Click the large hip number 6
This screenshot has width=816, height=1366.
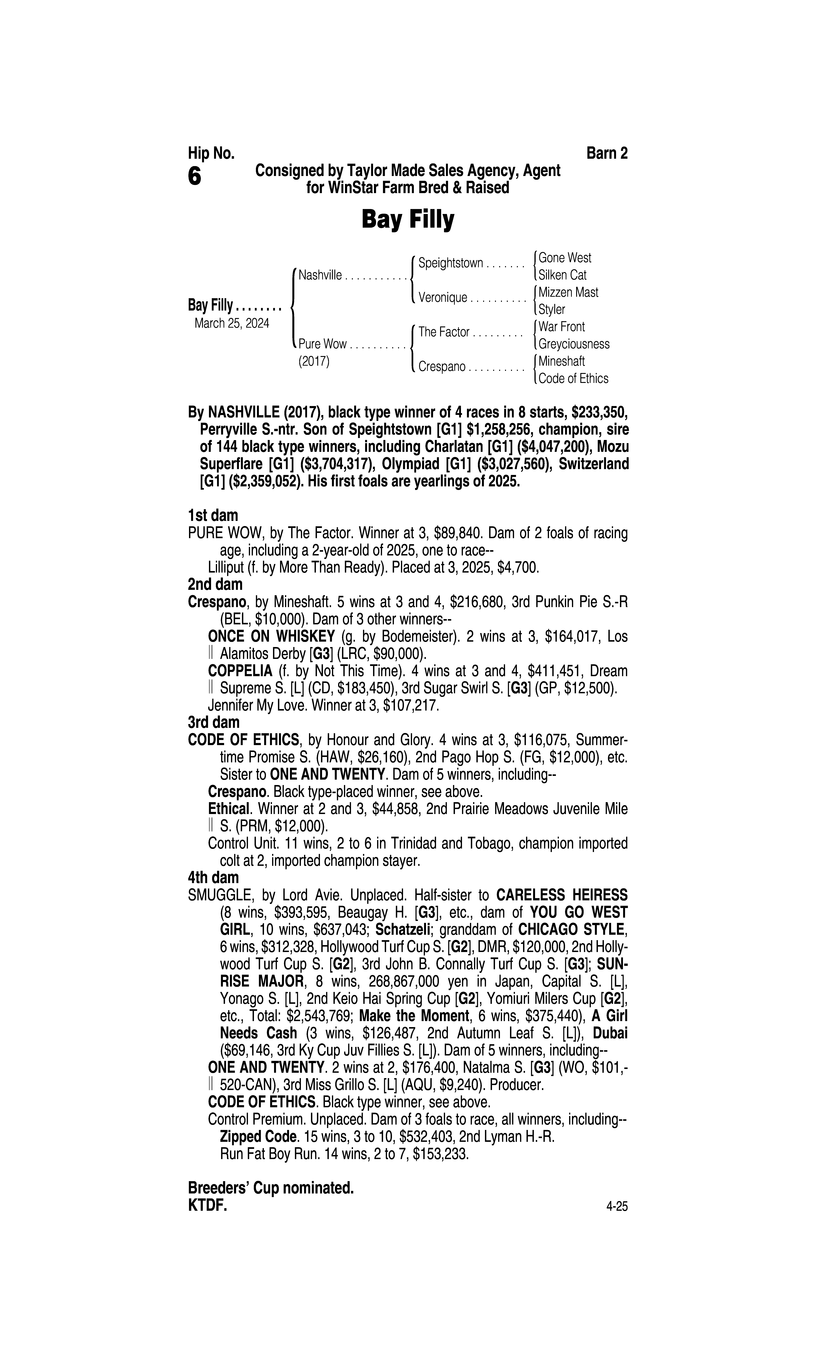point(195,176)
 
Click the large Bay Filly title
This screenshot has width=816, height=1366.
point(407,220)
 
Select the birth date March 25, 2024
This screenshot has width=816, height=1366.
point(231,323)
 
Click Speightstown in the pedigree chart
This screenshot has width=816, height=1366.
point(450,263)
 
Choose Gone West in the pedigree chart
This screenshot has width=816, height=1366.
point(565,258)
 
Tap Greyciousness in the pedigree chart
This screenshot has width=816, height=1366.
point(573,344)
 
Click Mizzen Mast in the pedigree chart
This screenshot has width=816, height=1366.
point(568,292)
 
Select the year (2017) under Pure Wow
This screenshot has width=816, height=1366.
point(313,362)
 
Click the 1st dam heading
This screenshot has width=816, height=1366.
point(213,516)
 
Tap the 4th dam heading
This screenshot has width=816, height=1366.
point(213,877)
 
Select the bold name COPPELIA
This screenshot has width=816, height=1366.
point(240,671)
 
